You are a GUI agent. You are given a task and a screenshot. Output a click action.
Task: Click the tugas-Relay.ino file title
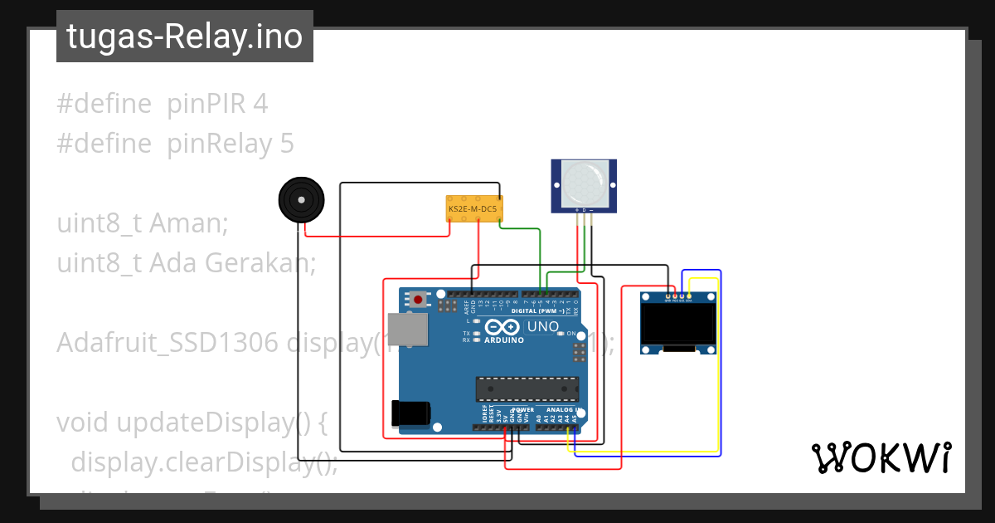pos(184,37)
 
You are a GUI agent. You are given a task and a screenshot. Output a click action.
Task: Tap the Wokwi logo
pos(881,457)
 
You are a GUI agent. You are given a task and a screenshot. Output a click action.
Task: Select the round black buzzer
pos(300,201)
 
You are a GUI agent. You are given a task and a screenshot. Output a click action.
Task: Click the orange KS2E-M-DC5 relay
pos(472,210)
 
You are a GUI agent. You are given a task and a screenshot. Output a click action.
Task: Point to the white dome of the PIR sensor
pos(584,183)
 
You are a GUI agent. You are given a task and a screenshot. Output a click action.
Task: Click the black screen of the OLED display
pos(680,325)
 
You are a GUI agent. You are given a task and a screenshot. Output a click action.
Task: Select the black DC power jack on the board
pos(411,413)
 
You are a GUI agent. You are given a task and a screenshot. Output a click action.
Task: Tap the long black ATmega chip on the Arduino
pos(527,389)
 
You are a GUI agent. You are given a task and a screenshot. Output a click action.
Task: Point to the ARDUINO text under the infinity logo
pos(504,340)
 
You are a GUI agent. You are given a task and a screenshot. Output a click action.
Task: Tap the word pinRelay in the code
pos(219,144)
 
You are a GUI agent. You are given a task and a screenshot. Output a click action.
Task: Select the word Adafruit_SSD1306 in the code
pos(167,343)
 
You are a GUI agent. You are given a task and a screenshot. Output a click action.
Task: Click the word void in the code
pos(83,423)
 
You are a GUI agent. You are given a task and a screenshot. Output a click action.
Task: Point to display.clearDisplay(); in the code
pos(204,462)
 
